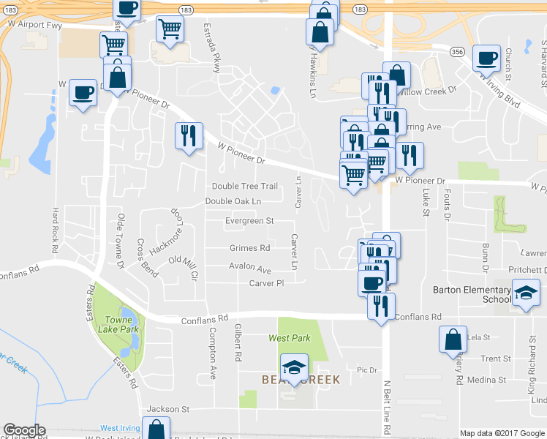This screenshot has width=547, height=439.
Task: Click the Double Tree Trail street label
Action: coord(245,187)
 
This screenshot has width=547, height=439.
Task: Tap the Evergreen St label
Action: coord(249,220)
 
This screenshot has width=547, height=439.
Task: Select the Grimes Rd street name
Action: coord(249,248)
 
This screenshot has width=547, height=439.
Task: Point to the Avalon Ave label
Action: coord(250,269)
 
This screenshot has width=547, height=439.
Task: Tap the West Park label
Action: coord(290,338)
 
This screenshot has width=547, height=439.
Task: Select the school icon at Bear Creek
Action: coord(294,366)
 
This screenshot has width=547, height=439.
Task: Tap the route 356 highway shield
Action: coord(457,52)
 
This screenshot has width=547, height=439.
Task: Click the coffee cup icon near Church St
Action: coord(486,57)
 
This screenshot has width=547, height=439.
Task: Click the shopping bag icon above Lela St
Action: coord(453,339)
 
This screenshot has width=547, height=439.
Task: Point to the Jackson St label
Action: coord(168,409)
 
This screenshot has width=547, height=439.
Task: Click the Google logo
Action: coord(24,429)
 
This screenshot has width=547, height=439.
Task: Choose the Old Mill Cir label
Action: coord(184,267)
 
